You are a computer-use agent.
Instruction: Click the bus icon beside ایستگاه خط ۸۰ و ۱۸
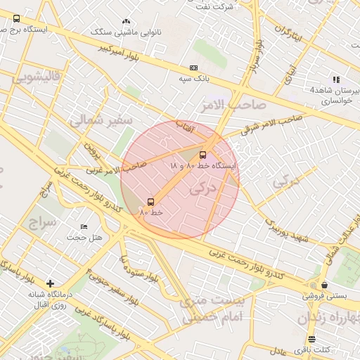point(203,154)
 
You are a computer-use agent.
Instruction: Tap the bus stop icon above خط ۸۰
point(151,202)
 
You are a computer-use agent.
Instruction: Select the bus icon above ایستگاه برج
point(17,20)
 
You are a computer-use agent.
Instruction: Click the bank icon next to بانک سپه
point(193,67)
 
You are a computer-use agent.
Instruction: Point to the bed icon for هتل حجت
point(84,226)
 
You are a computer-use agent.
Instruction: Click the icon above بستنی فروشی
point(323,285)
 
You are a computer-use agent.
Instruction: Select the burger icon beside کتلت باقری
point(312,339)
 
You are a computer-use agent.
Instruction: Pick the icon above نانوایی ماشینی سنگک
point(126,22)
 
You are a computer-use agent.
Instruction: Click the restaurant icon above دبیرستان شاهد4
point(336,79)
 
